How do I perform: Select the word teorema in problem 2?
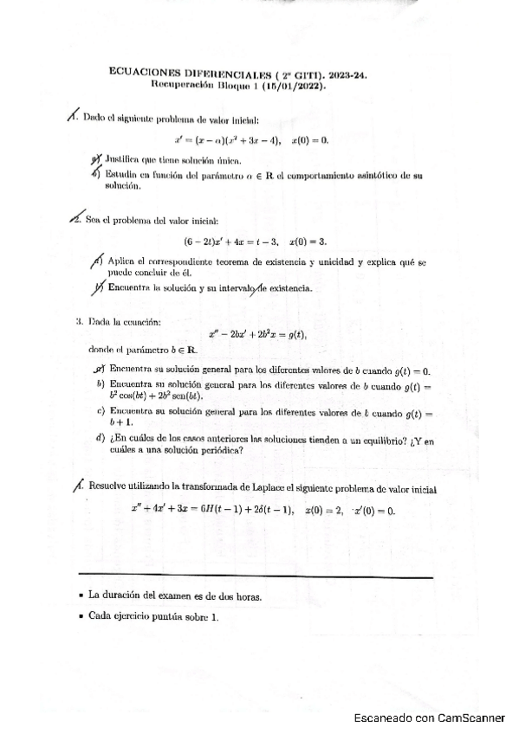(252, 261)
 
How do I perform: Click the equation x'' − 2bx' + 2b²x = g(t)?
(258, 334)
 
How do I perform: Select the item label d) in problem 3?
(101, 439)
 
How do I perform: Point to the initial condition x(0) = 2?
(330, 510)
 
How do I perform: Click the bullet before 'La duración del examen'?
(80, 596)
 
